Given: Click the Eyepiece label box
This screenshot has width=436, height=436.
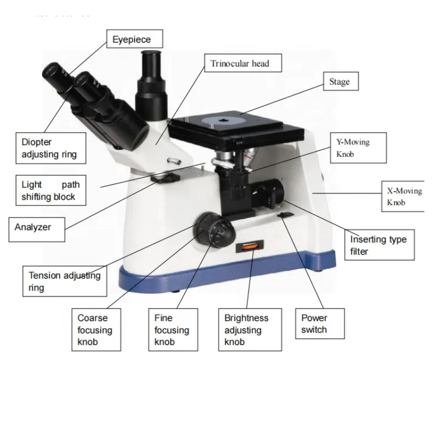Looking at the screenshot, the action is pyautogui.click(x=131, y=39).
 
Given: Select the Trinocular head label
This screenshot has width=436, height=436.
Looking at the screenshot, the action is pyautogui.click(x=240, y=64).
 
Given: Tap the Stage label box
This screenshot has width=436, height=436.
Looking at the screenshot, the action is pyautogui.click(x=340, y=82).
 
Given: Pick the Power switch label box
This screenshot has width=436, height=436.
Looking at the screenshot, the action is pyautogui.click(x=314, y=323).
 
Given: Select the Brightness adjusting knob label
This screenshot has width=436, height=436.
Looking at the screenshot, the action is pyautogui.click(x=246, y=330).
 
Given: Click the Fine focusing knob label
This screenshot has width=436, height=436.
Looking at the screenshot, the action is pyautogui.click(x=172, y=330).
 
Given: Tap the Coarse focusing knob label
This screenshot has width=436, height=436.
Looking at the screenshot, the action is pyautogui.click(x=95, y=330).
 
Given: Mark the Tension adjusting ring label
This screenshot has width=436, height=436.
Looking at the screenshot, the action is pyautogui.click(x=64, y=281).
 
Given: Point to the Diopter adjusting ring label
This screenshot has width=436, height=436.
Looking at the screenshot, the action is pyautogui.click(x=49, y=148).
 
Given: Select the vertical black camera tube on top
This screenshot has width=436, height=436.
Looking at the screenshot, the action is pyautogui.click(x=151, y=76).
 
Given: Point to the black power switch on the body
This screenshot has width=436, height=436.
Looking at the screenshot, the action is pyautogui.click(x=285, y=217).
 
